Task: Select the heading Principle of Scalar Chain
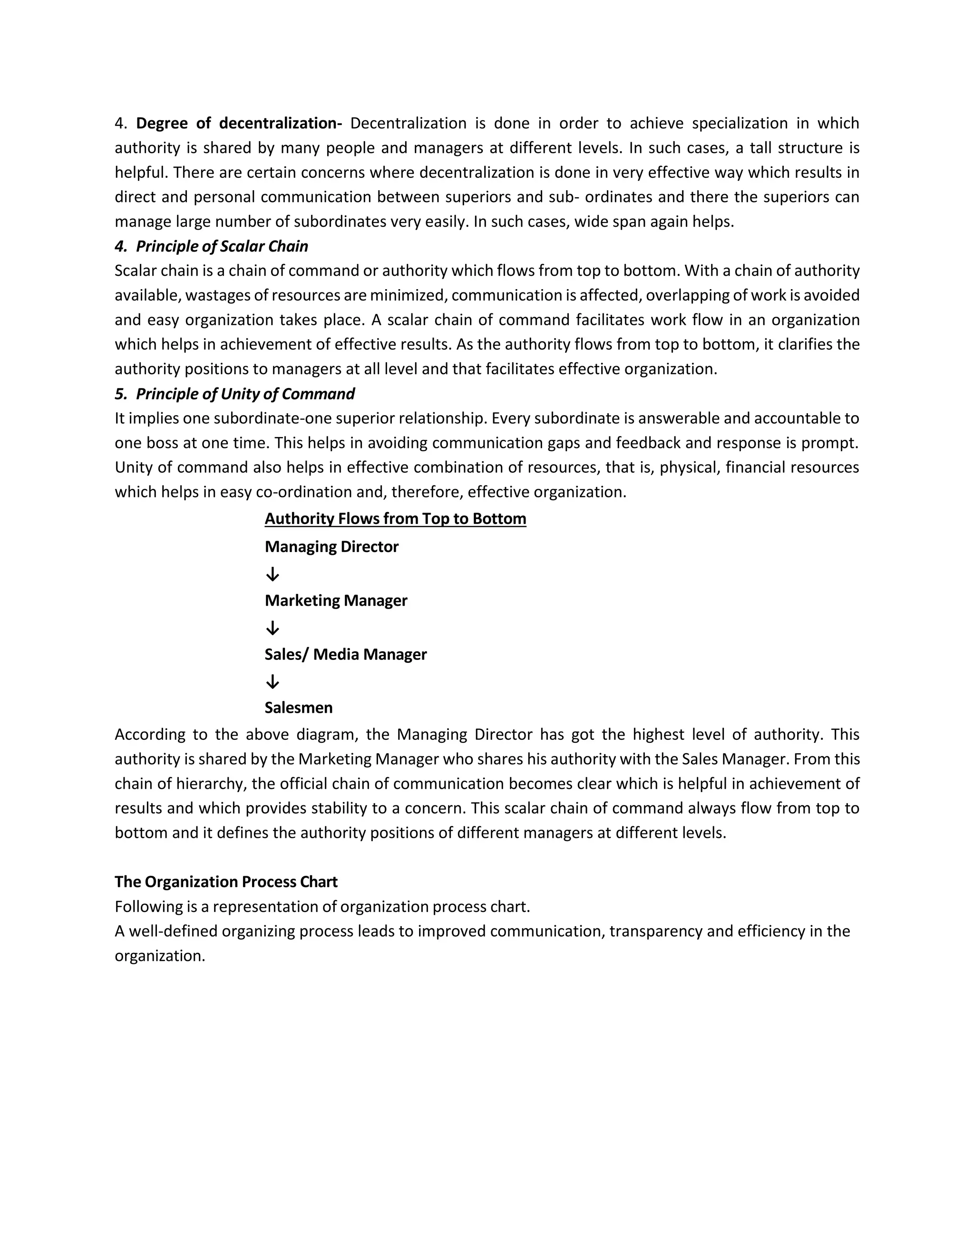pos(222,246)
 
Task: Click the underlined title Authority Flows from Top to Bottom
pos(395,519)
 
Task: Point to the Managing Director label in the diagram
pos(331,546)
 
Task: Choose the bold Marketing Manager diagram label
pos(336,601)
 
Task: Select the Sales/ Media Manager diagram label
pos(346,654)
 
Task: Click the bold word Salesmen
pos(298,708)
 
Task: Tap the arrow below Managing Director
pos(273,574)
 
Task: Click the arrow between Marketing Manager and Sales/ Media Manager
pos(273,628)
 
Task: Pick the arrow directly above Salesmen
pos(273,682)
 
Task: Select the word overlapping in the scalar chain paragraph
pos(684,295)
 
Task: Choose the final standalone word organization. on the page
pos(160,956)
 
